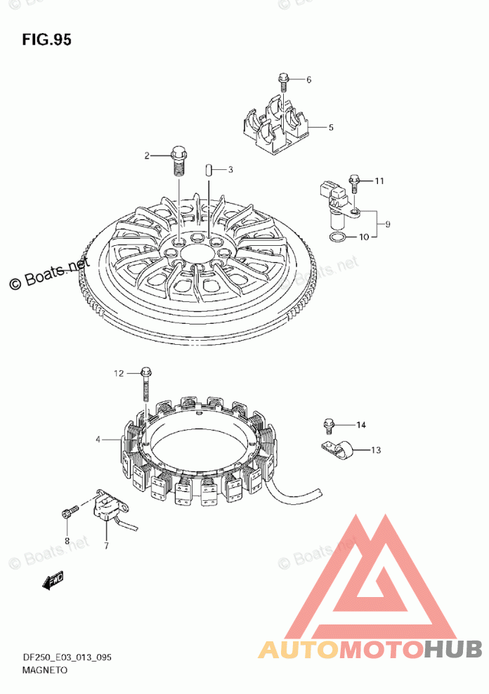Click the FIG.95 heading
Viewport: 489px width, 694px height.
[46, 40]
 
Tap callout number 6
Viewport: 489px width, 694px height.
[308, 79]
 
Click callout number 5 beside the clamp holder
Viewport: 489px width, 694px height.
[331, 127]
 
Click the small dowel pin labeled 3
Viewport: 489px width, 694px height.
[209, 170]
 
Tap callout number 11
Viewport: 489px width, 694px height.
[379, 181]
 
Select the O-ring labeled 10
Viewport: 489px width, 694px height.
[338, 237]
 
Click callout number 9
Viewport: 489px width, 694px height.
[388, 224]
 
